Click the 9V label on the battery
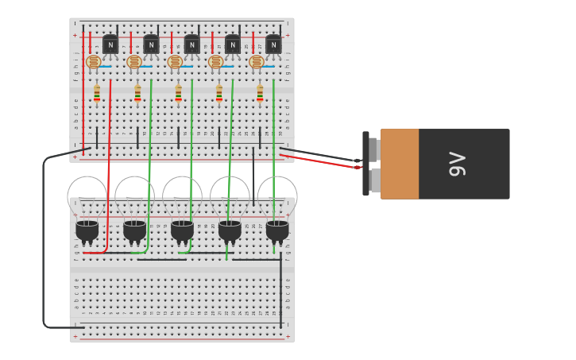[458, 164]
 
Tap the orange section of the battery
[400, 164]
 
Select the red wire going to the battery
[318, 161]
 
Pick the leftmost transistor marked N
[110, 45]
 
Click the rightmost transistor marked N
[273, 45]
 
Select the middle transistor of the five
[191, 45]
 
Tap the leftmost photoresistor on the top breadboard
[93, 61]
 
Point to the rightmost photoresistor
[256, 61]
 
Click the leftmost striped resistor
[97, 93]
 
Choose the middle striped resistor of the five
[178, 93]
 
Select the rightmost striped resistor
[260, 93]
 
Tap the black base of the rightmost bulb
[277, 230]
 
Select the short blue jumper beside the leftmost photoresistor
[106, 67]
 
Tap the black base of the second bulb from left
[134, 230]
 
